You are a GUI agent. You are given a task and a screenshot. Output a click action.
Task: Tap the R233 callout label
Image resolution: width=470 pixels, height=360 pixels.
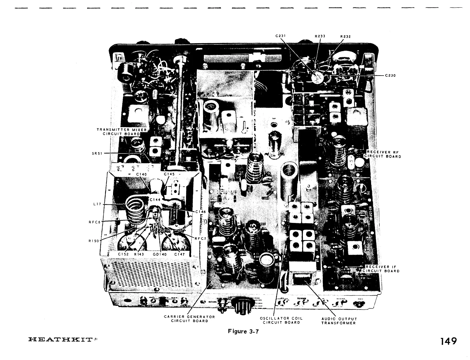[320, 36]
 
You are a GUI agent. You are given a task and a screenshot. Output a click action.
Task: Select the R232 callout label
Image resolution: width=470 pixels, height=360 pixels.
[345, 36]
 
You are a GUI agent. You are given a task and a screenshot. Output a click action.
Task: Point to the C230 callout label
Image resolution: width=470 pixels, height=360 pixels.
[390, 75]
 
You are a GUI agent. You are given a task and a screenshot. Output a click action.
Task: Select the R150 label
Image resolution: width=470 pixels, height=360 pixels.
[94, 241]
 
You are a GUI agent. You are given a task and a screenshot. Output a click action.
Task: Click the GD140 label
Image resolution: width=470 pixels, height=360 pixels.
[160, 254]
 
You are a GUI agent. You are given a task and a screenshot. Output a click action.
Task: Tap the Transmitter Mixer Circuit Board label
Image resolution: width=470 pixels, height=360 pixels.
[121, 131]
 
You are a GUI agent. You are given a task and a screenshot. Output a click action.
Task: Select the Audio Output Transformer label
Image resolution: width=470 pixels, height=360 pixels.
[339, 321]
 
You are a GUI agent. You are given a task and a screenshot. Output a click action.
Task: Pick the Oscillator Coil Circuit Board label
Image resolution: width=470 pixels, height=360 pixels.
[281, 320]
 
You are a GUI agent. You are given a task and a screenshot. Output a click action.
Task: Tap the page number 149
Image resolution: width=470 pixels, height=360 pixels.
[448, 341]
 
